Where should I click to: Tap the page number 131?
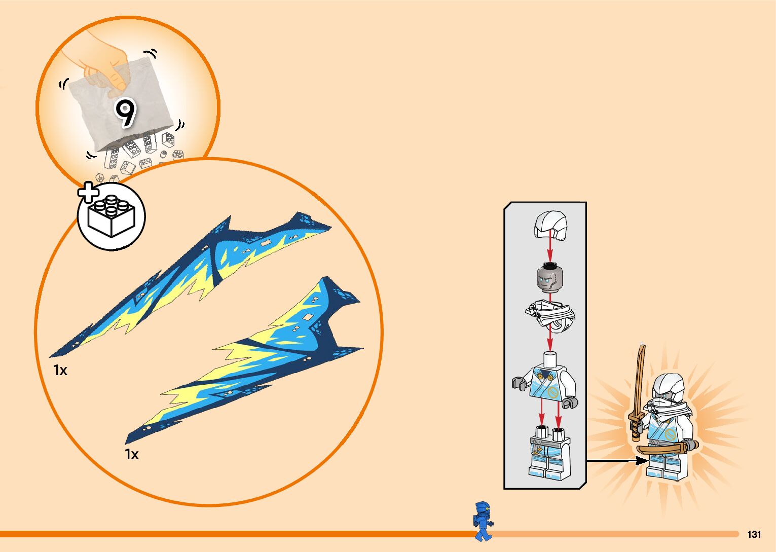[x=754, y=534]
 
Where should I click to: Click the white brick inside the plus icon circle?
[x=112, y=216]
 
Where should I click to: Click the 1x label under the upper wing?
[x=60, y=371]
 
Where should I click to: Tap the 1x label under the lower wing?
[x=132, y=455]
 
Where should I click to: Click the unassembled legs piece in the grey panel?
[x=549, y=453]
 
